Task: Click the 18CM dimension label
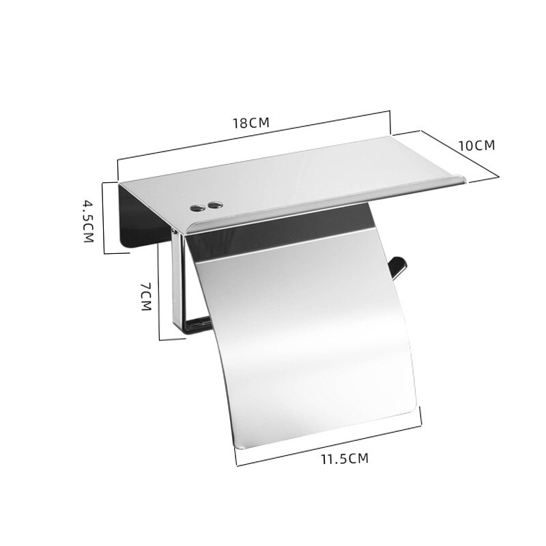pos(252,123)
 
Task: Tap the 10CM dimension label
pos(476,145)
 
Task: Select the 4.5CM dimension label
pos(88,222)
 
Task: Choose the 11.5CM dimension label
pos(344,458)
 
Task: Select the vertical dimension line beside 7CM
pos(159,293)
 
